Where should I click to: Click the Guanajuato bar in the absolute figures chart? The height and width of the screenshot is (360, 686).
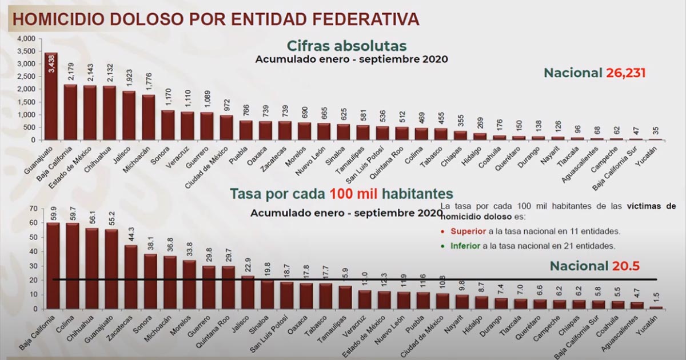tap(51, 97)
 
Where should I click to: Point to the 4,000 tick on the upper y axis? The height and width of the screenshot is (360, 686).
tap(26, 39)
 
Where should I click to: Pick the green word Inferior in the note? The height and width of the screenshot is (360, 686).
tap(465, 246)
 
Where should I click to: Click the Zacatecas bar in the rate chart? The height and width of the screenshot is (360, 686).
tap(131, 277)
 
